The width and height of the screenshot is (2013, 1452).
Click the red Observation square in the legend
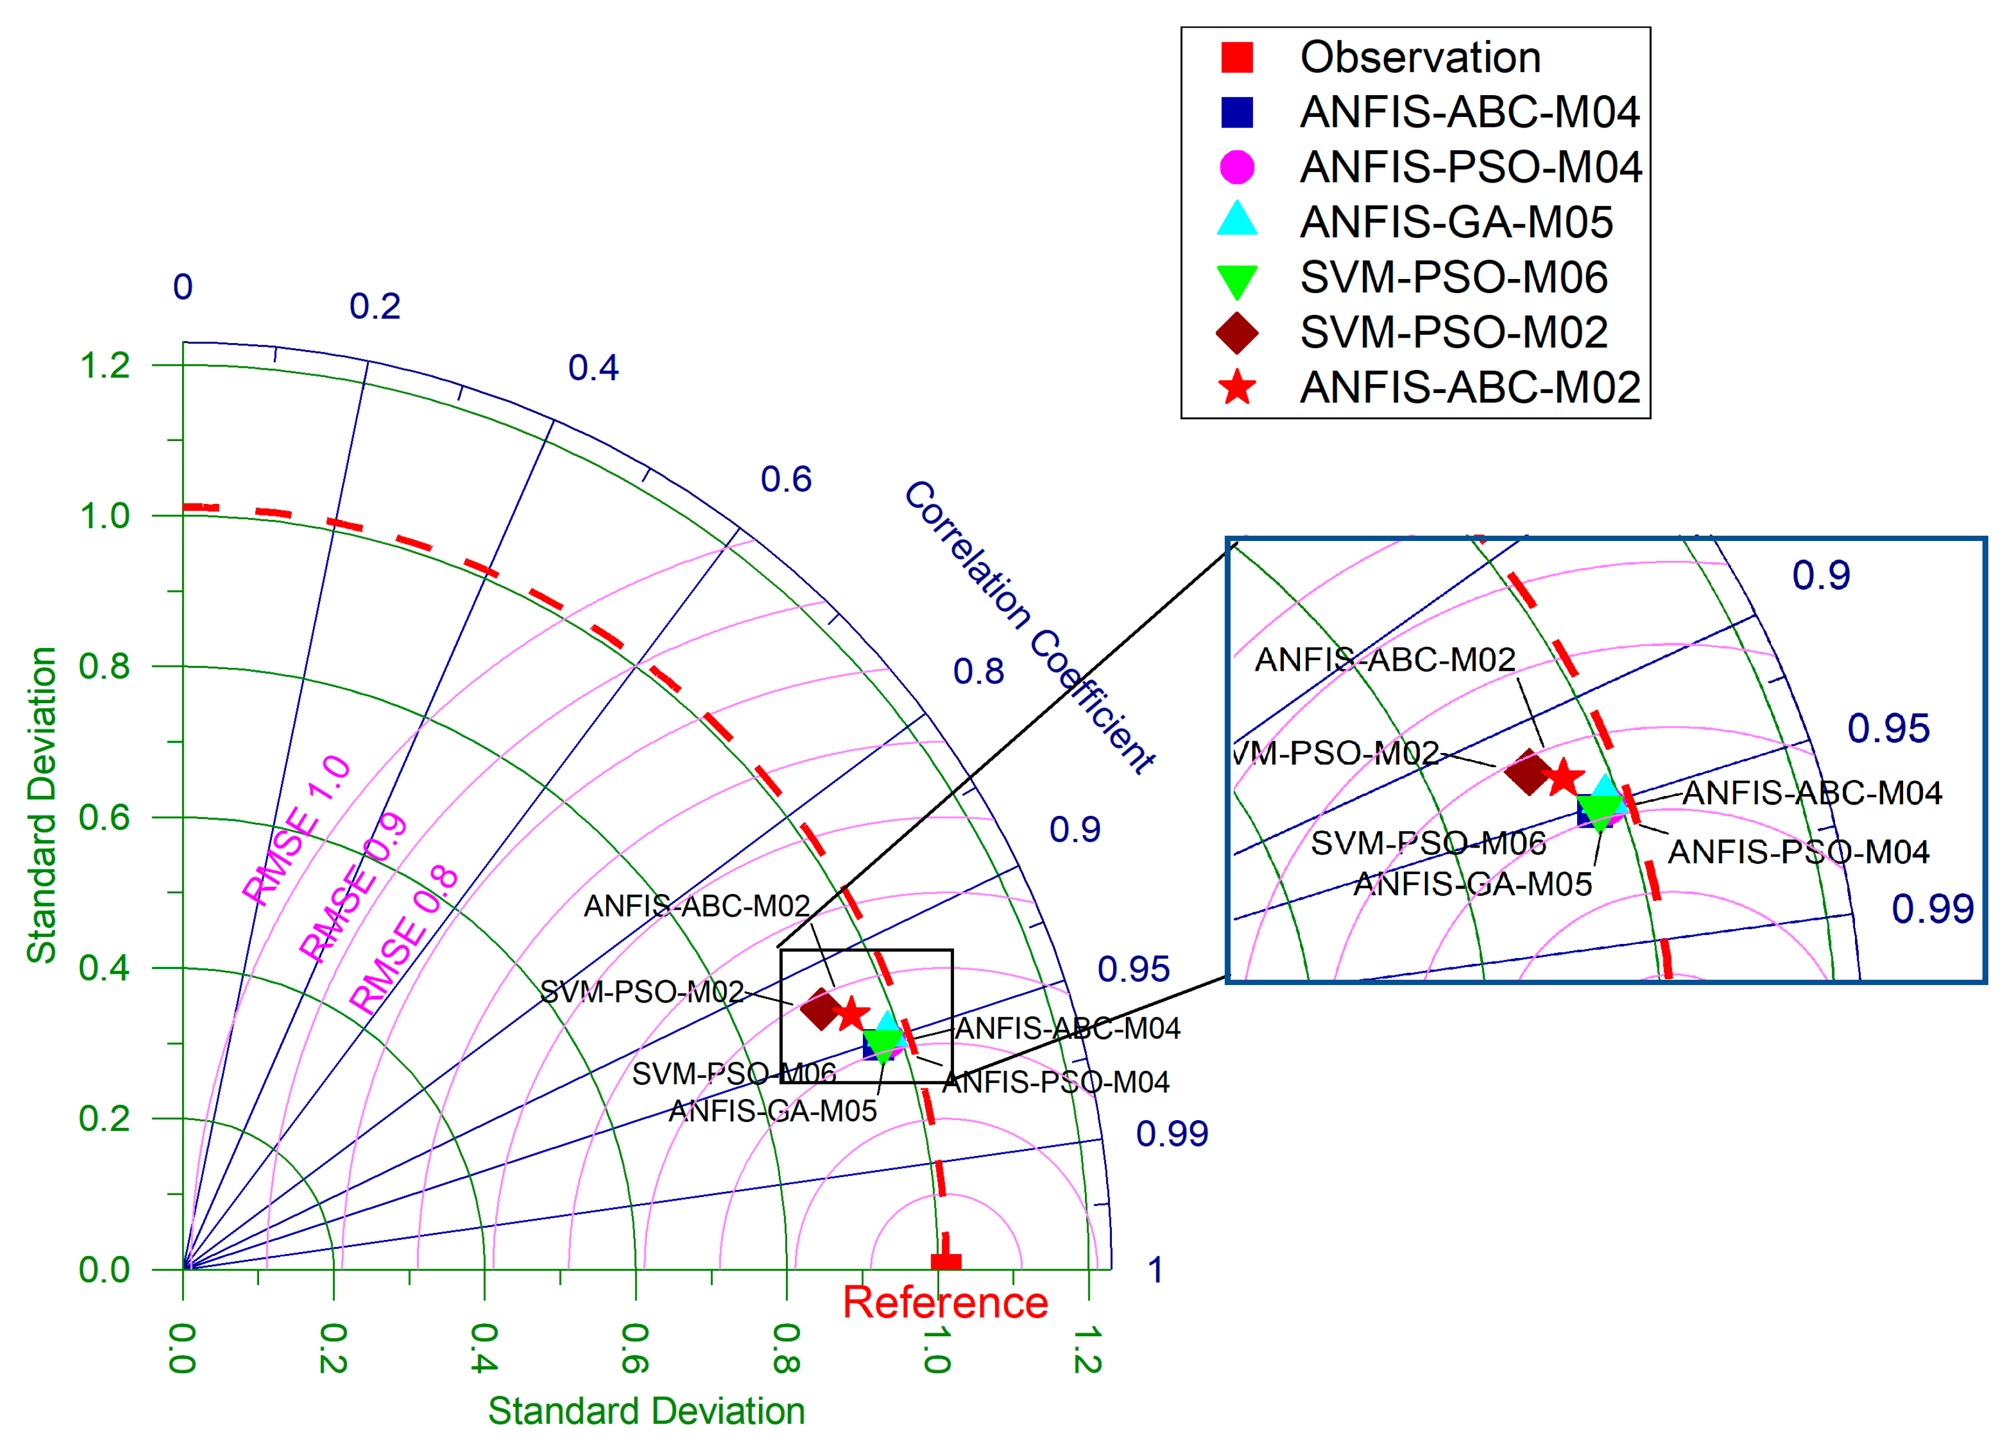pyautogui.click(x=1236, y=57)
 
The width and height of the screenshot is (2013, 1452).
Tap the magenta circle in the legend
pyautogui.click(x=1236, y=167)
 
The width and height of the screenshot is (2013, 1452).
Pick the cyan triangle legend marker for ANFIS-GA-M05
pyautogui.click(x=1236, y=220)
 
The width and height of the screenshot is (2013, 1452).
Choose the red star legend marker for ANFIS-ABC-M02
pyautogui.click(x=1236, y=388)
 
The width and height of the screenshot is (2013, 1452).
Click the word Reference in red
pyautogui.click(x=945, y=1303)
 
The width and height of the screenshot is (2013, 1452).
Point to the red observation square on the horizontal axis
pyautogui.click(x=945, y=1261)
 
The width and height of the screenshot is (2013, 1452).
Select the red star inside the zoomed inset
pyautogui.click(x=1564, y=778)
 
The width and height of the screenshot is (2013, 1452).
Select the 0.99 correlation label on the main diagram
pyautogui.click(x=1172, y=1134)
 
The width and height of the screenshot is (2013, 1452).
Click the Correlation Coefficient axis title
pyautogui.click(x=1030, y=627)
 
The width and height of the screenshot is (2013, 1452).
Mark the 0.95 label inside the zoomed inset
pyautogui.click(x=1888, y=729)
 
